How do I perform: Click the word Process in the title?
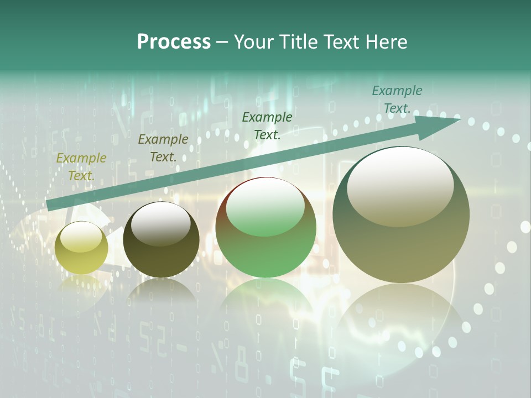tap(174, 42)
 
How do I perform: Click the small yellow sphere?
tap(81, 248)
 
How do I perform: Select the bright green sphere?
tap(266, 227)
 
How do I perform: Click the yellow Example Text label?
tap(81, 167)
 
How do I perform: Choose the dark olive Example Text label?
tap(163, 148)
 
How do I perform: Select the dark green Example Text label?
tap(267, 126)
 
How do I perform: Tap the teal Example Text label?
tap(397, 99)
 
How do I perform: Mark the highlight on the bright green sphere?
tap(265, 208)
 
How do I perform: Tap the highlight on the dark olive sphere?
tap(160, 223)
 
